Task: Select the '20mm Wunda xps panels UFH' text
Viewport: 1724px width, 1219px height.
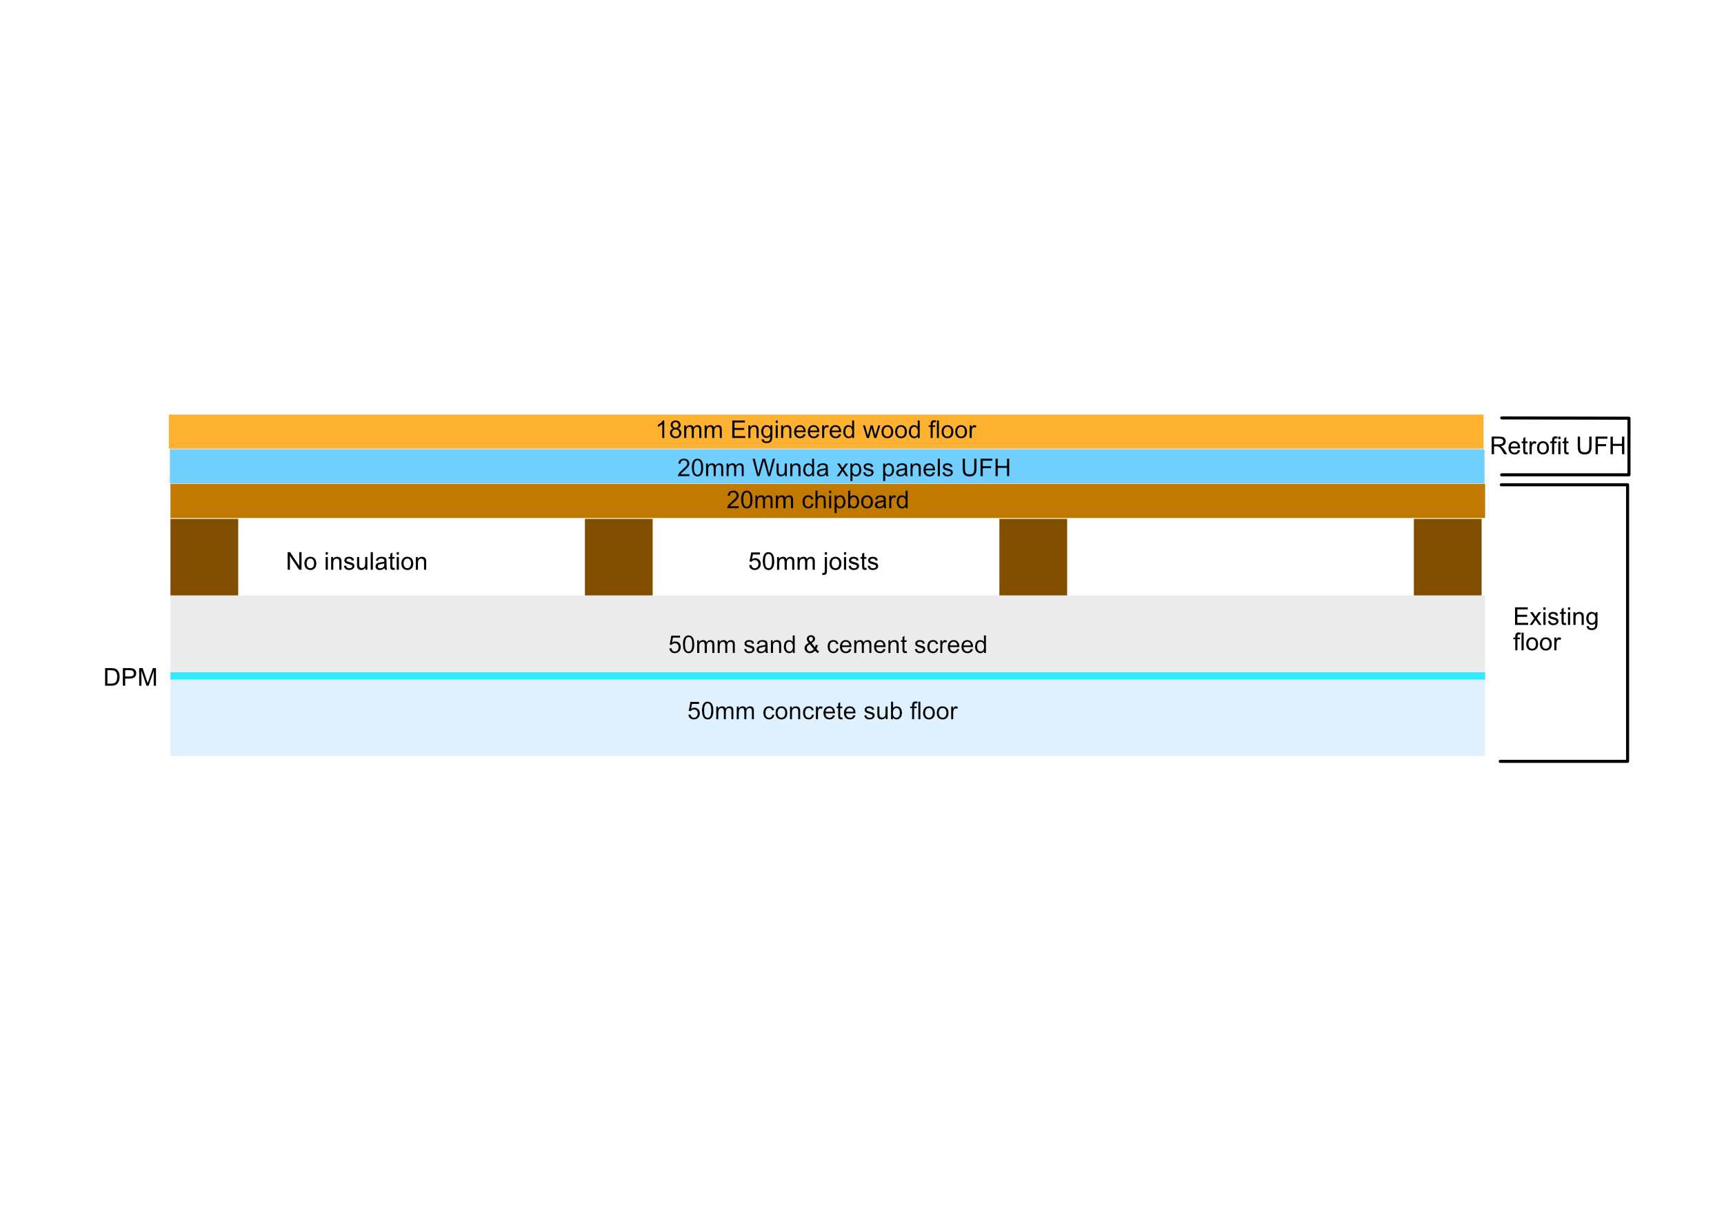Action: (x=843, y=468)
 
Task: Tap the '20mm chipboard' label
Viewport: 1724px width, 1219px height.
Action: (x=817, y=501)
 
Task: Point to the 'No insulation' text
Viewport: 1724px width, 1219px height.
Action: (x=357, y=561)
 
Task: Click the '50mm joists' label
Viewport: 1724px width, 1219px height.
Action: (x=813, y=561)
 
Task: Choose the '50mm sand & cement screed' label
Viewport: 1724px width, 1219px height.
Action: (x=828, y=645)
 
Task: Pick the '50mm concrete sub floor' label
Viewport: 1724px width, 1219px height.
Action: (x=822, y=711)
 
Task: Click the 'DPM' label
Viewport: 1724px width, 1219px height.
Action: (x=130, y=677)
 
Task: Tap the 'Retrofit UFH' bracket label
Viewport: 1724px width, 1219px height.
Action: (x=1557, y=446)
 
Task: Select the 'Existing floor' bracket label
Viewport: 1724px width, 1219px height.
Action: (x=1555, y=629)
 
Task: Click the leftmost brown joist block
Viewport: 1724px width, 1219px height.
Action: (x=204, y=557)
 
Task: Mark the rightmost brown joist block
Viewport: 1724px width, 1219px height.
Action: (x=1447, y=557)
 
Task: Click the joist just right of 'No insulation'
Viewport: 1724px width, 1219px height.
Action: (x=619, y=557)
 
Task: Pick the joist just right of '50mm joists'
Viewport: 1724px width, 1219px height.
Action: (x=1033, y=557)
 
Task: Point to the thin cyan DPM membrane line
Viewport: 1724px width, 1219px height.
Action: (x=828, y=676)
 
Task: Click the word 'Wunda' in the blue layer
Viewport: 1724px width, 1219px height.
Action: (x=791, y=468)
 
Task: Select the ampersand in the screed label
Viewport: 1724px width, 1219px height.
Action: (x=811, y=645)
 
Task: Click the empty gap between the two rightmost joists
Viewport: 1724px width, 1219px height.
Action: (x=1241, y=557)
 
